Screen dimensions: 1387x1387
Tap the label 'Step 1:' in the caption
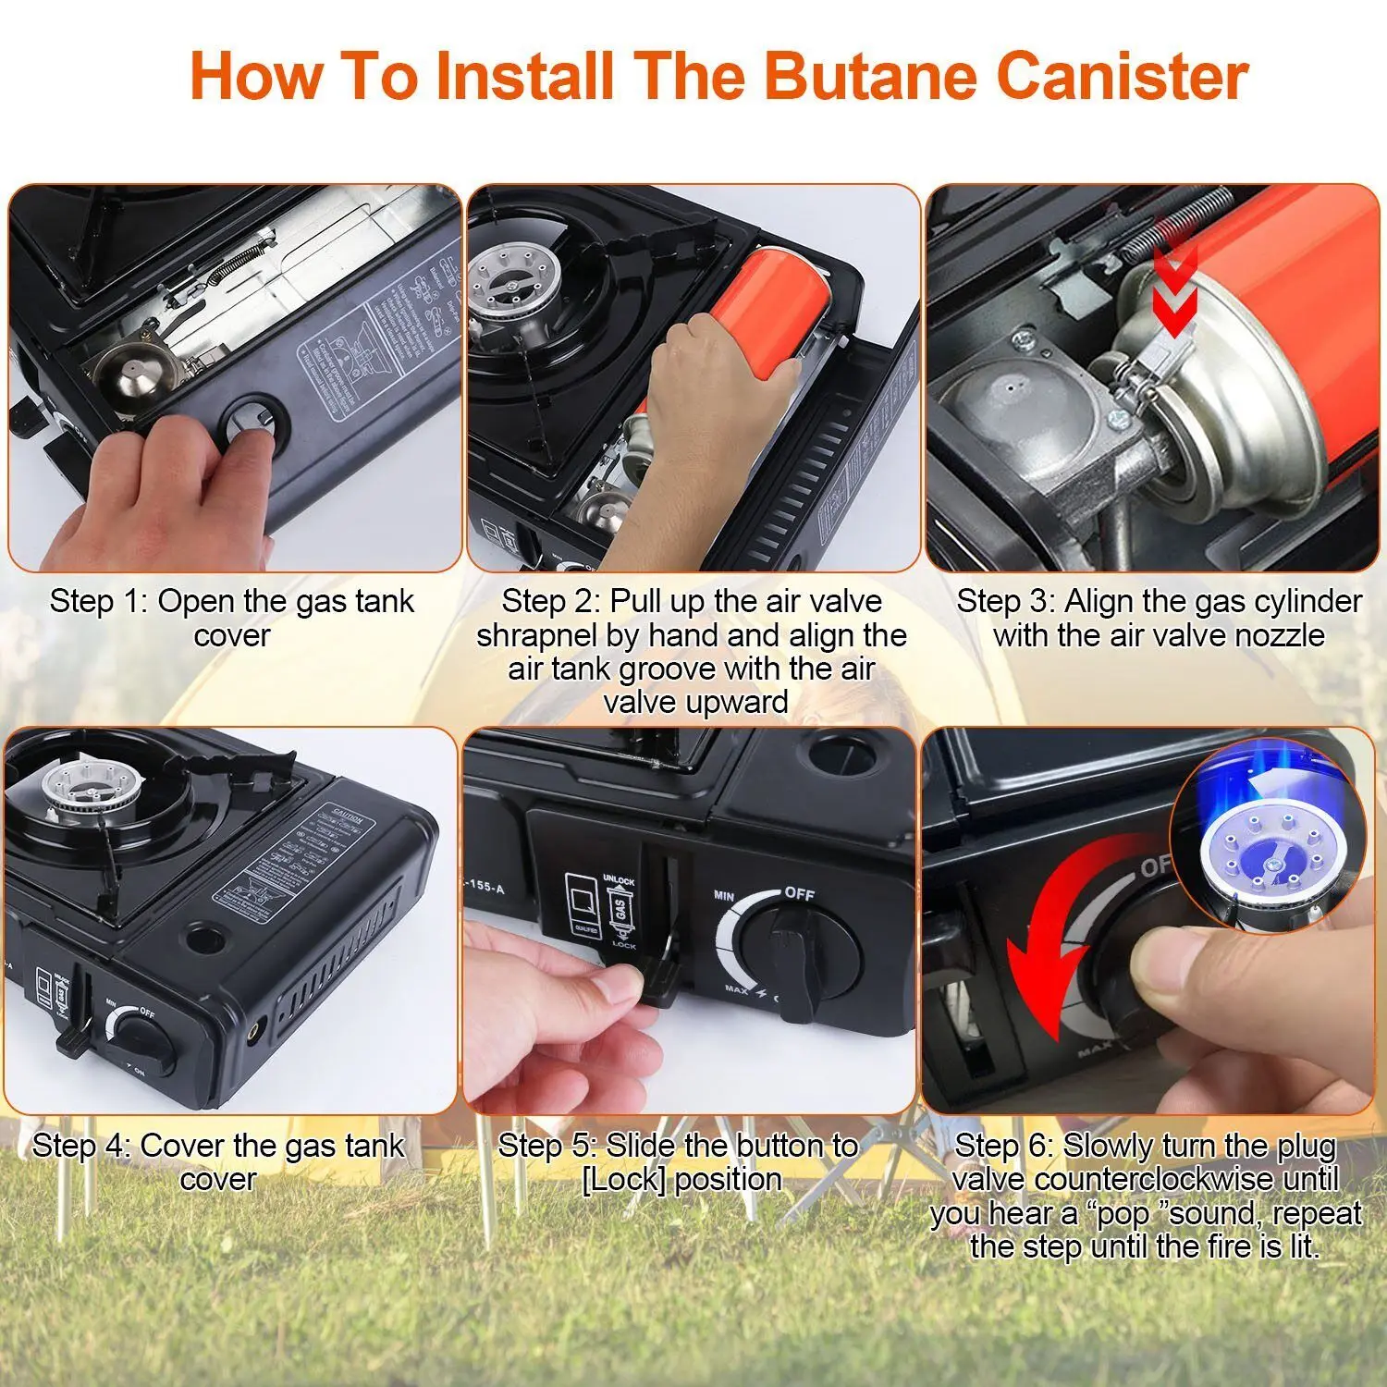(x=98, y=601)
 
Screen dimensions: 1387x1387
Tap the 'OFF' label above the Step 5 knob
(x=799, y=893)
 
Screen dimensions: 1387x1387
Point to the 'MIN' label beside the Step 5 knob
(x=724, y=895)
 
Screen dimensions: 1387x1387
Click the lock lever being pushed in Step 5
(x=662, y=980)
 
